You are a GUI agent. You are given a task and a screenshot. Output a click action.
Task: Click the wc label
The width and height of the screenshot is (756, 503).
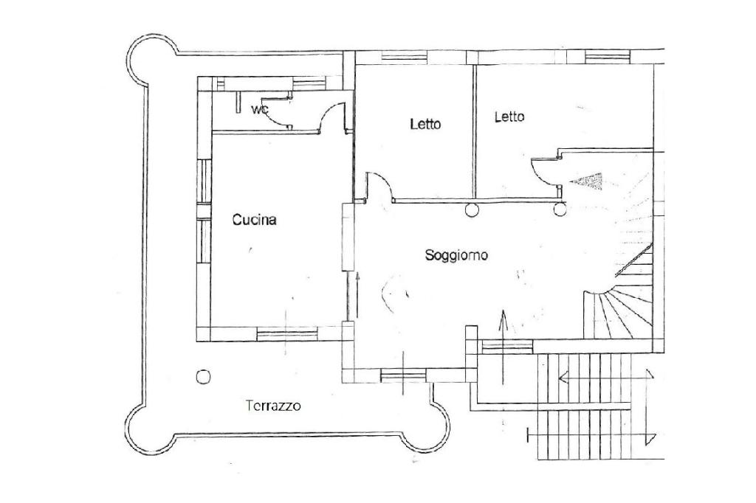tap(260, 110)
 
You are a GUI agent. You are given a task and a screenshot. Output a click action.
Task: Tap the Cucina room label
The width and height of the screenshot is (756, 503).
tap(254, 219)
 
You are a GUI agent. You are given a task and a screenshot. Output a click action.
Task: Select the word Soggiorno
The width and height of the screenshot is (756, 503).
tap(456, 255)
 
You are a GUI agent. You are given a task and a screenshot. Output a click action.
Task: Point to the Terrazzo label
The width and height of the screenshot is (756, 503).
tap(274, 405)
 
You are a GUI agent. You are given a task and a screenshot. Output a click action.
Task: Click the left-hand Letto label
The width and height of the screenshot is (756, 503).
tap(425, 124)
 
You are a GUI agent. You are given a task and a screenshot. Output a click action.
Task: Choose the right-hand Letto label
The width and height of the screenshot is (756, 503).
tap(509, 117)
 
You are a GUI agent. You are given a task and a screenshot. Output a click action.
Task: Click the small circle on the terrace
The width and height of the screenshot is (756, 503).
tap(203, 377)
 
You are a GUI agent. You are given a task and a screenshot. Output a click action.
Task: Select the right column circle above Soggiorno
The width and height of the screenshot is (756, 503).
tap(560, 212)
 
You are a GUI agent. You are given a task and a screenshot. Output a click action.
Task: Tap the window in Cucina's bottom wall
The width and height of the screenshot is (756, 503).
tap(287, 334)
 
